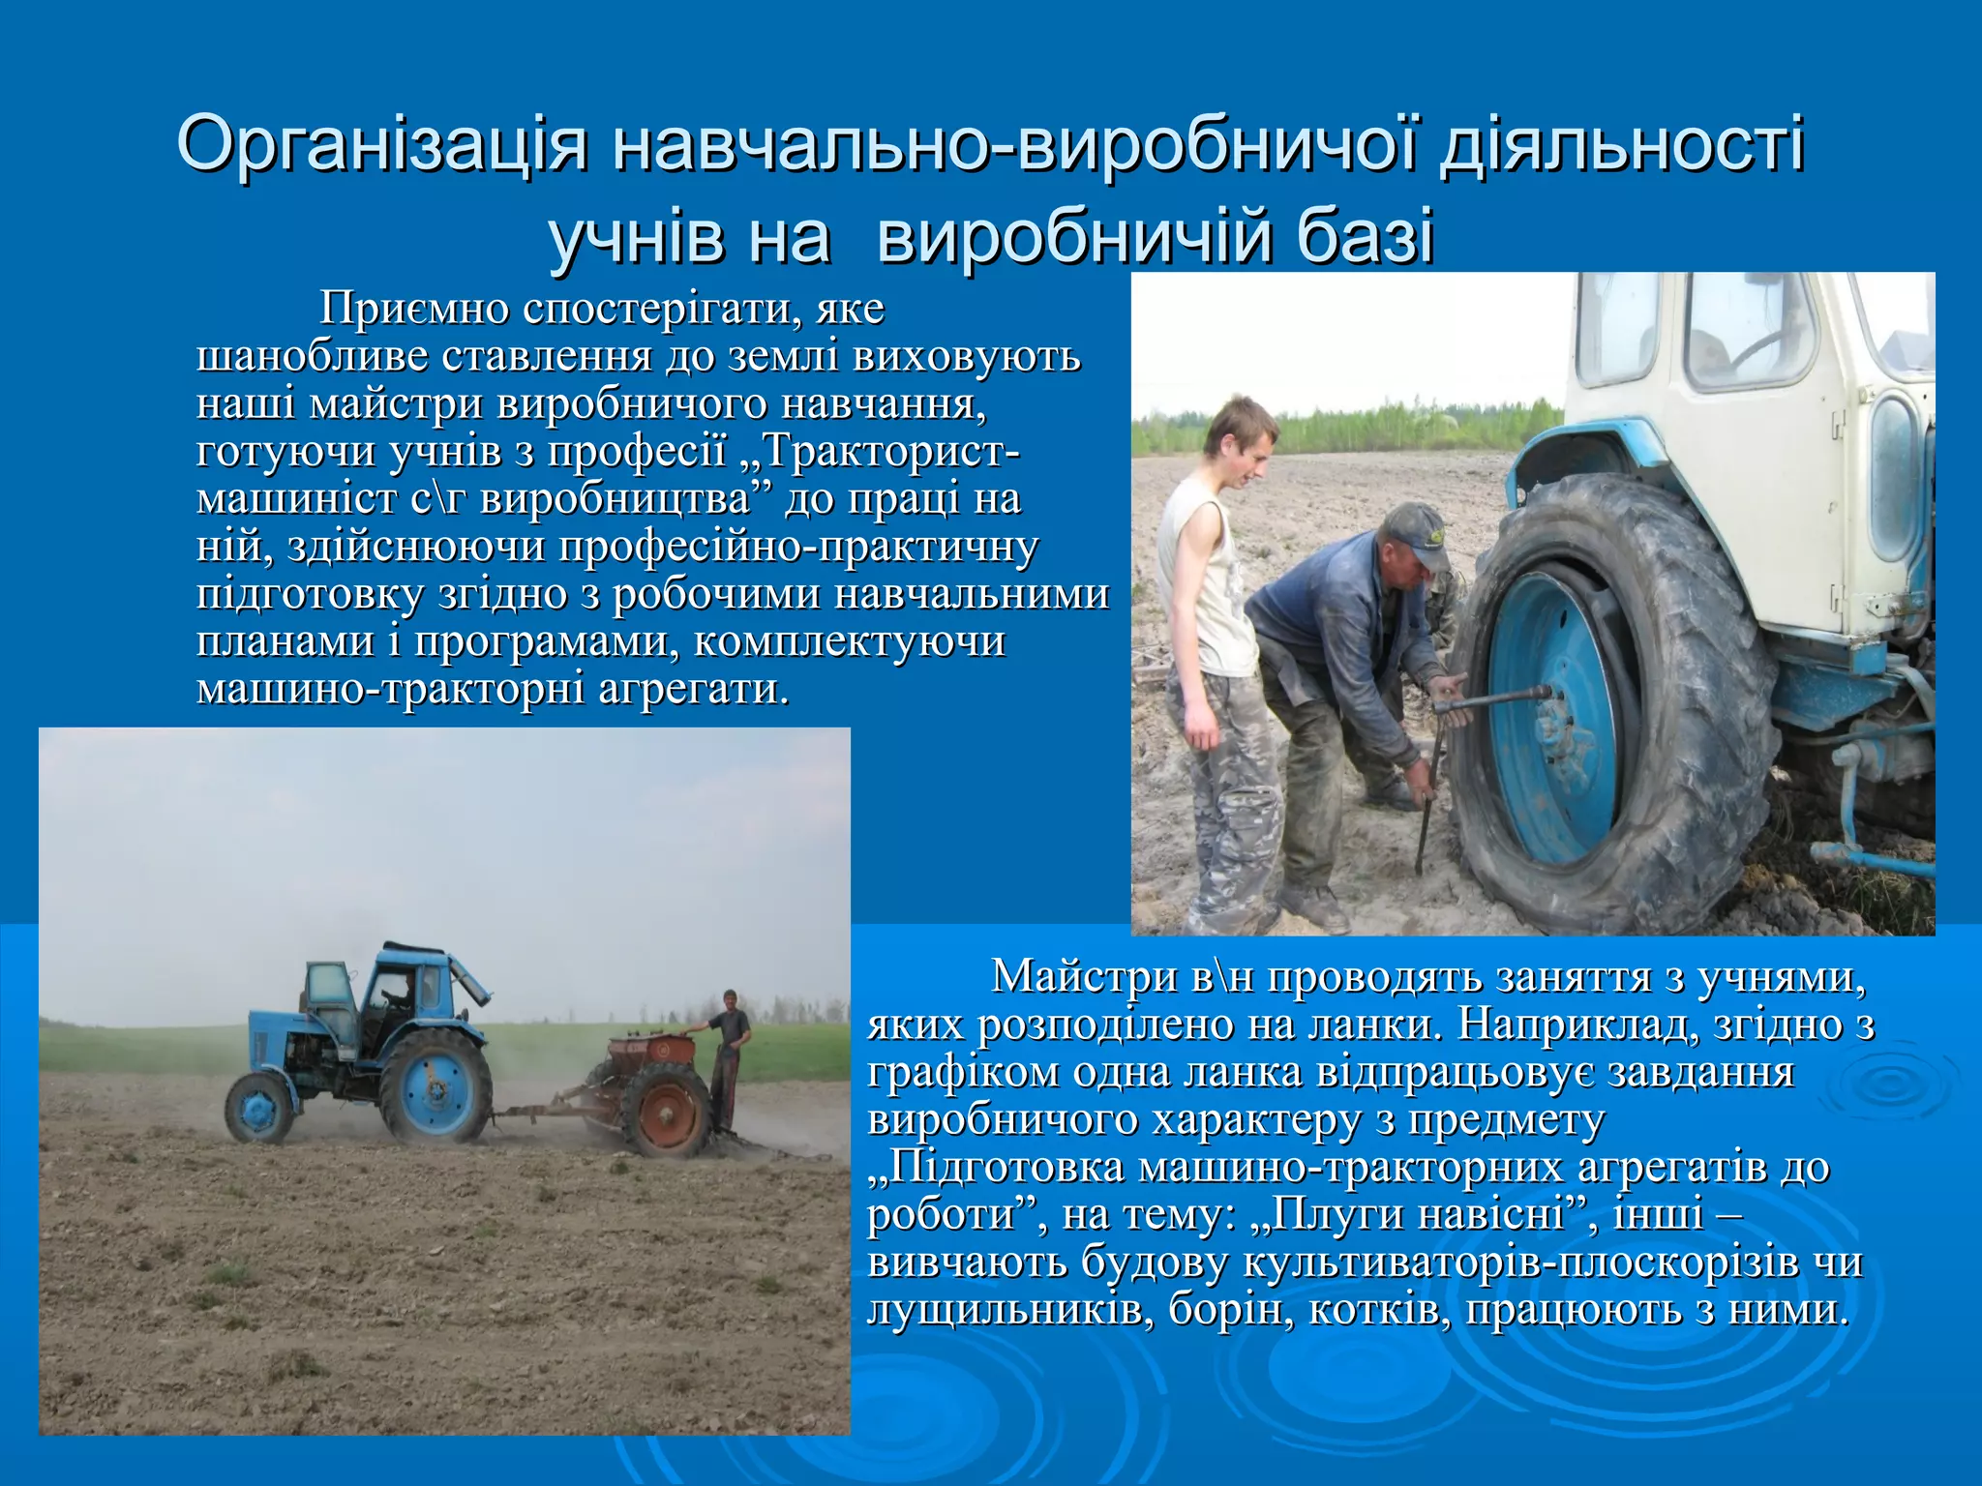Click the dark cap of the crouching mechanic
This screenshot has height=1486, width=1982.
point(1414,534)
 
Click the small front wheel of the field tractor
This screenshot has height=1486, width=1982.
point(258,1106)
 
